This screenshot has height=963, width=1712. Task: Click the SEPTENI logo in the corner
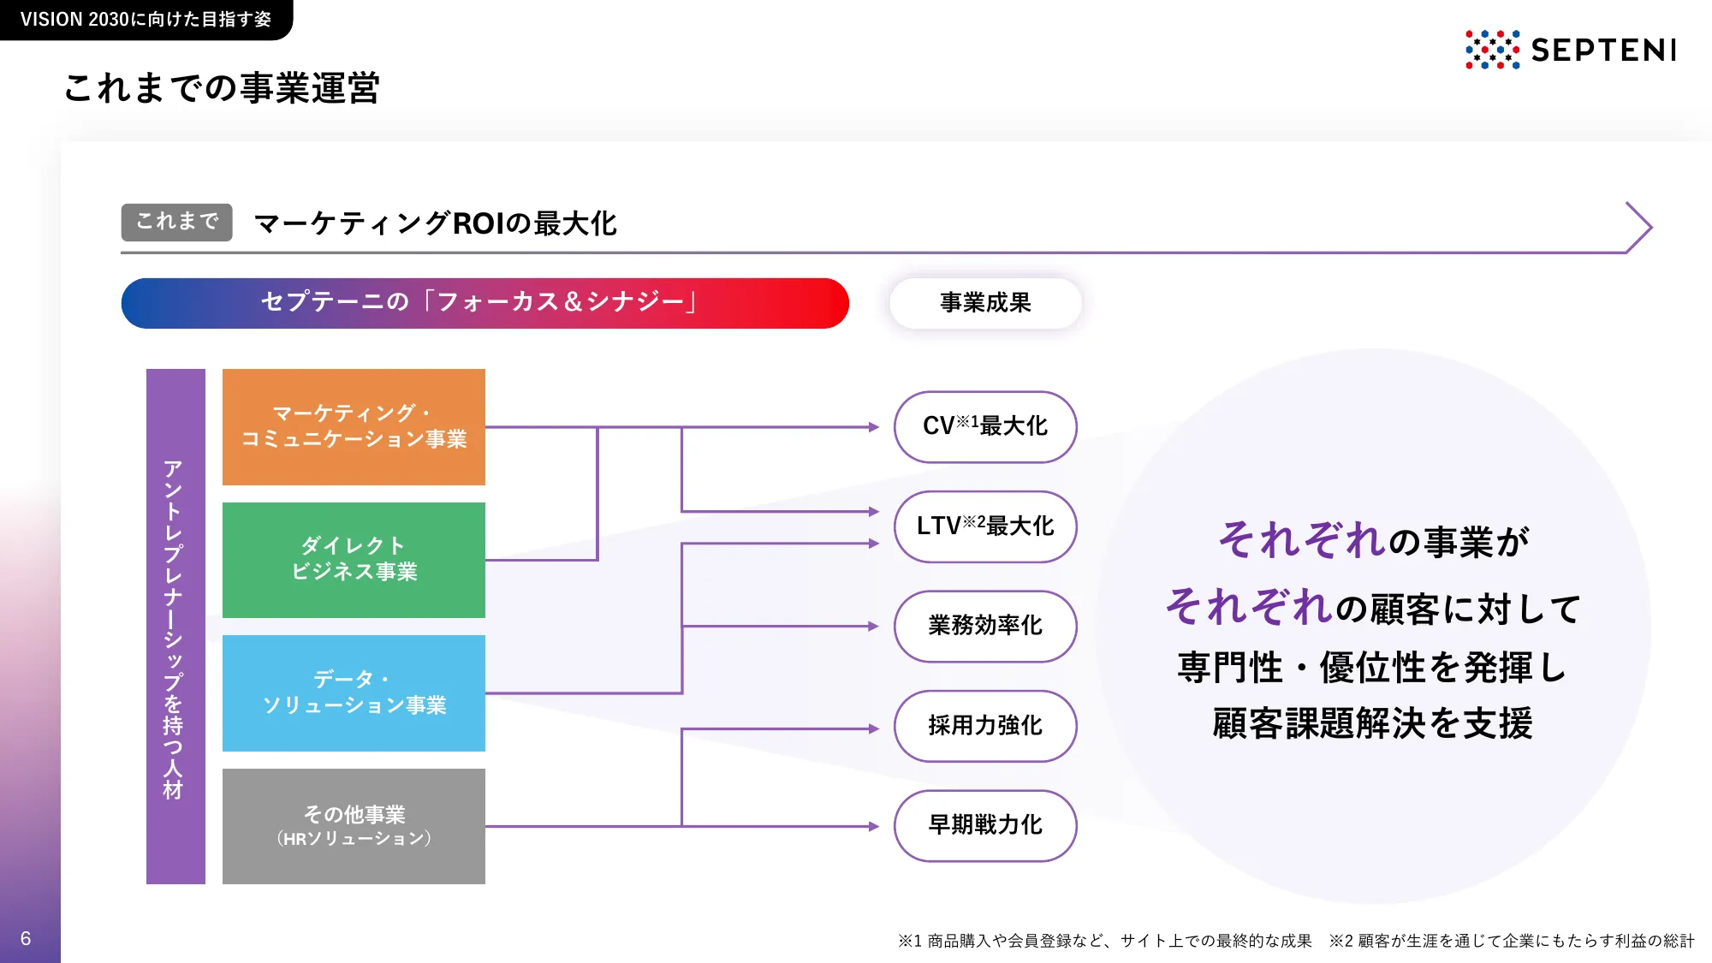[1570, 50]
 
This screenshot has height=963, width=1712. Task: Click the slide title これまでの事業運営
[222, 88]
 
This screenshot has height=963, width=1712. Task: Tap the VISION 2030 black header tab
[145, 19]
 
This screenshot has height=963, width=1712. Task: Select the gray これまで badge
[176, 222]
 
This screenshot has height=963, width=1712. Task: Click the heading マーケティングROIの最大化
[435, 223]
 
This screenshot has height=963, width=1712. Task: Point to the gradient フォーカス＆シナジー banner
[484, 303]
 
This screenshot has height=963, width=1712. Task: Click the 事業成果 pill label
[985, 303]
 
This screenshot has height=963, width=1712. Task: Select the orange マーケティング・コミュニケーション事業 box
[354, 426]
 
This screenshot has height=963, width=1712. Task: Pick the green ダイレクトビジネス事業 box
[354, 560]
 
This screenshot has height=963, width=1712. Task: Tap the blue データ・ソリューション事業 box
[354, 693]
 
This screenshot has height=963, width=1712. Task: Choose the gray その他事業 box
[354, 825]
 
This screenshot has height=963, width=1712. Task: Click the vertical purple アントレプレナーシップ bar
[175, 627]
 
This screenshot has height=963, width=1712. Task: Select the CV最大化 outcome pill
[985, 426]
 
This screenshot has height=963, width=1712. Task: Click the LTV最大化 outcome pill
[985, 526]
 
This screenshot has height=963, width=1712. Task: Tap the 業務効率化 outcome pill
[985, 626]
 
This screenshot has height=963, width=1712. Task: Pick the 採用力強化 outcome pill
[985, 726]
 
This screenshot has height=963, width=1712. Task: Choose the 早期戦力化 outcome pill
[985, 825]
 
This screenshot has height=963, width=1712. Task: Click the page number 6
[26, 938]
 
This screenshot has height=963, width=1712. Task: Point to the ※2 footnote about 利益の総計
[1511, 941]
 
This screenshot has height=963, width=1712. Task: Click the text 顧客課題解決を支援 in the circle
[1372, 724]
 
